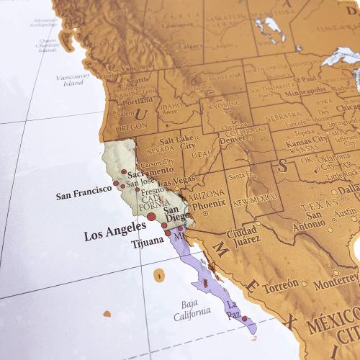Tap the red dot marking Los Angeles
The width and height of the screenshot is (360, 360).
(x=150, y=215)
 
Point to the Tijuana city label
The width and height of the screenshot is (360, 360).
(x=148, y=244)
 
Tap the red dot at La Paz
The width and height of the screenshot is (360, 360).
(x=244, y=318)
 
